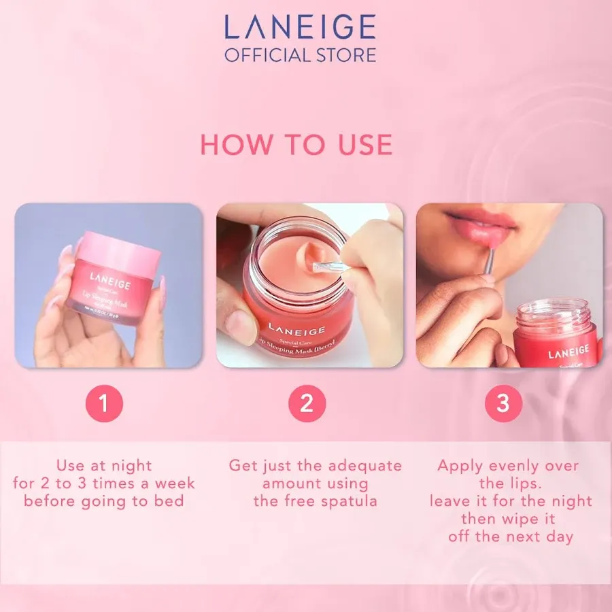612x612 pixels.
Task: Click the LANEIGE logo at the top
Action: coord(300,27)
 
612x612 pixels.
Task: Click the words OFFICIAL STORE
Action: coord(300,54)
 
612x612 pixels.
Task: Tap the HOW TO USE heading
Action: coord(296,144)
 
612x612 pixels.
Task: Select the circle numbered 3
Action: coord(503,403)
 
